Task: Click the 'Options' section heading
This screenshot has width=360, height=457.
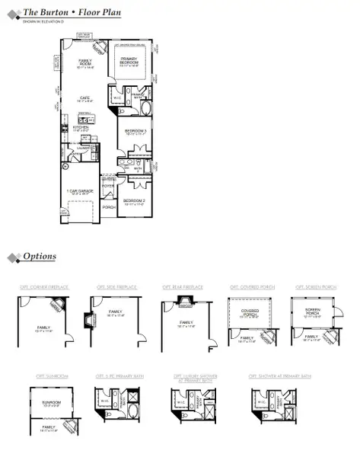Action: tap(40, 257)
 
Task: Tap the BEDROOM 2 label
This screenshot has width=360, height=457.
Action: tap(139, 200)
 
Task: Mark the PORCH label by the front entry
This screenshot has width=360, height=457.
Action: tap(109, 206)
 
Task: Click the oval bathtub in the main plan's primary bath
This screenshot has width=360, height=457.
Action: tap(145, 107)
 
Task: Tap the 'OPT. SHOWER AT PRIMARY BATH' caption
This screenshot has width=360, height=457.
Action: tap(279, 376)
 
